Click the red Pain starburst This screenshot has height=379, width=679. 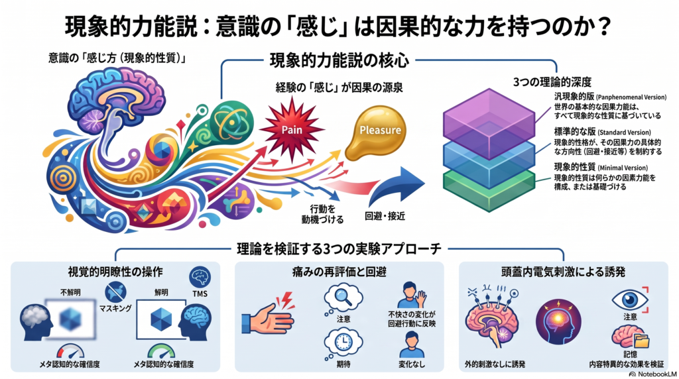[292, 129]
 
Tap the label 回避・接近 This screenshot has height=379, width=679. [385, 216]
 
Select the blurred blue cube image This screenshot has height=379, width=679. [70, 320]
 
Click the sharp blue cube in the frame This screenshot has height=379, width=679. [161, 319]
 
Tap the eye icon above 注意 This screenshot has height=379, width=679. [630, 299]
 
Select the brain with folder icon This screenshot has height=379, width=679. [631, 337]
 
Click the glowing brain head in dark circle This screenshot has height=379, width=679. [558, 321]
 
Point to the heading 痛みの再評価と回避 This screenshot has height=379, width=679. [339, 272]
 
